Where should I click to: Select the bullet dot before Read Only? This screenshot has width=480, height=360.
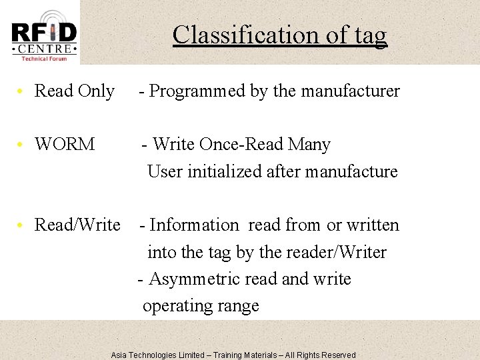[x=22, y=91]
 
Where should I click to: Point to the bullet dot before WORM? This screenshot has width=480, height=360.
[x=22, y=145]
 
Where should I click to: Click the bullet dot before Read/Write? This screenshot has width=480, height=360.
[x=22, y=225]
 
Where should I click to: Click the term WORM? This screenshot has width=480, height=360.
[x=65, y=145]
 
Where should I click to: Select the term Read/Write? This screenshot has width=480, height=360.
[x=77, y=225]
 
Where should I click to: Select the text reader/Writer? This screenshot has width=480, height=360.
[x=338, y=252]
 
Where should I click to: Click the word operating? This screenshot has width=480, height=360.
[x=175, y=306]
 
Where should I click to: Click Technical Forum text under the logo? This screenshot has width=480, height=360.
[x=44, y=59]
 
